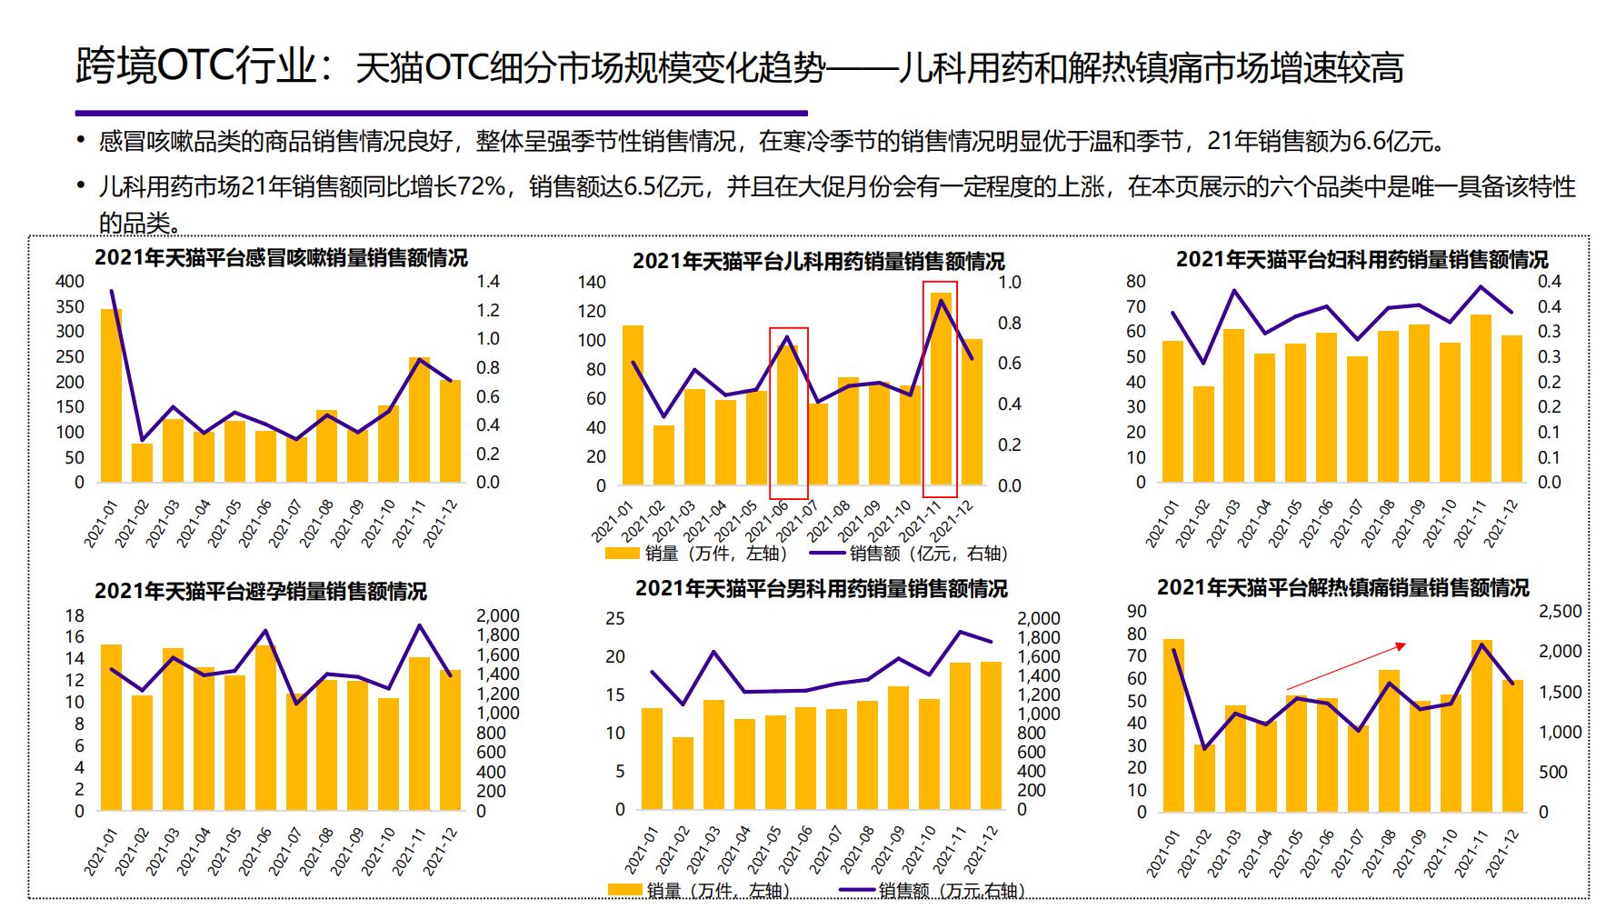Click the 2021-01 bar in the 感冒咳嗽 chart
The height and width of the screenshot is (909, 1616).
click(111, 395)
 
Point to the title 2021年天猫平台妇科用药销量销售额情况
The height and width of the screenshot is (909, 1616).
click(1362, 260)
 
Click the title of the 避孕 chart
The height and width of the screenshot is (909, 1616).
click(260, 592)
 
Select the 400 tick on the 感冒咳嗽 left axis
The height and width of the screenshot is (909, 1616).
click(70, 281)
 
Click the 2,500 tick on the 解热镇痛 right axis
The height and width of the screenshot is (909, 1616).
click(1560, 612)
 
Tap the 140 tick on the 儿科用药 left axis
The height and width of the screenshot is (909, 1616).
click(591, 282)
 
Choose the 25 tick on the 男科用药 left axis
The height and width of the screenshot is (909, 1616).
click(615, 619)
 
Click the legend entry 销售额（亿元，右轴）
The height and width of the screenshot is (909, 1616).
click(928, 553)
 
